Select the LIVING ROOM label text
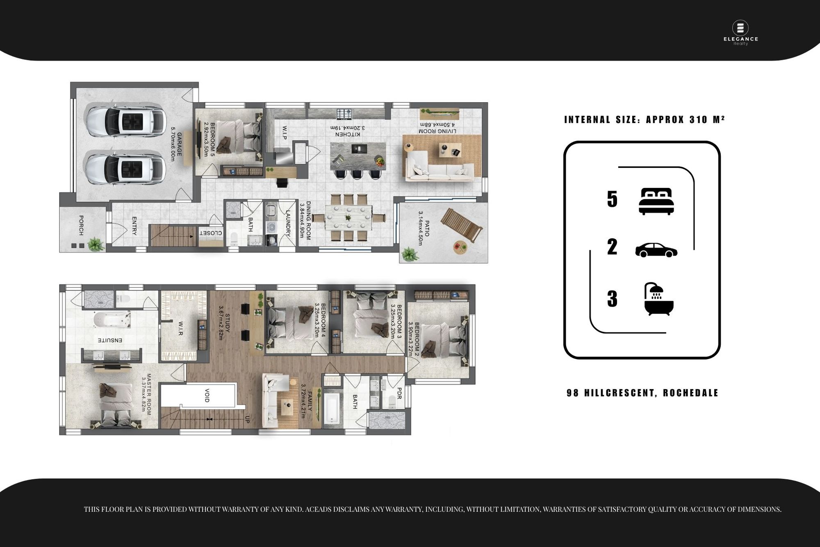coord(437,131)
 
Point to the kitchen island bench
coord(358,156)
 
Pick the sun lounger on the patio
coord(460,226)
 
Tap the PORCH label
coord(81,225)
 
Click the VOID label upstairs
coord(207,395)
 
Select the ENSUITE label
coord(110,340)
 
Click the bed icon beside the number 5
coord(656,201)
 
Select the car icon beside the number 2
coord(656,250)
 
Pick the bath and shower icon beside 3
coord(659,299)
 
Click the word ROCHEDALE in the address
coord(690,393)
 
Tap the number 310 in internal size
coord(698,119)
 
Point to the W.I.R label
coord(180,329)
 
